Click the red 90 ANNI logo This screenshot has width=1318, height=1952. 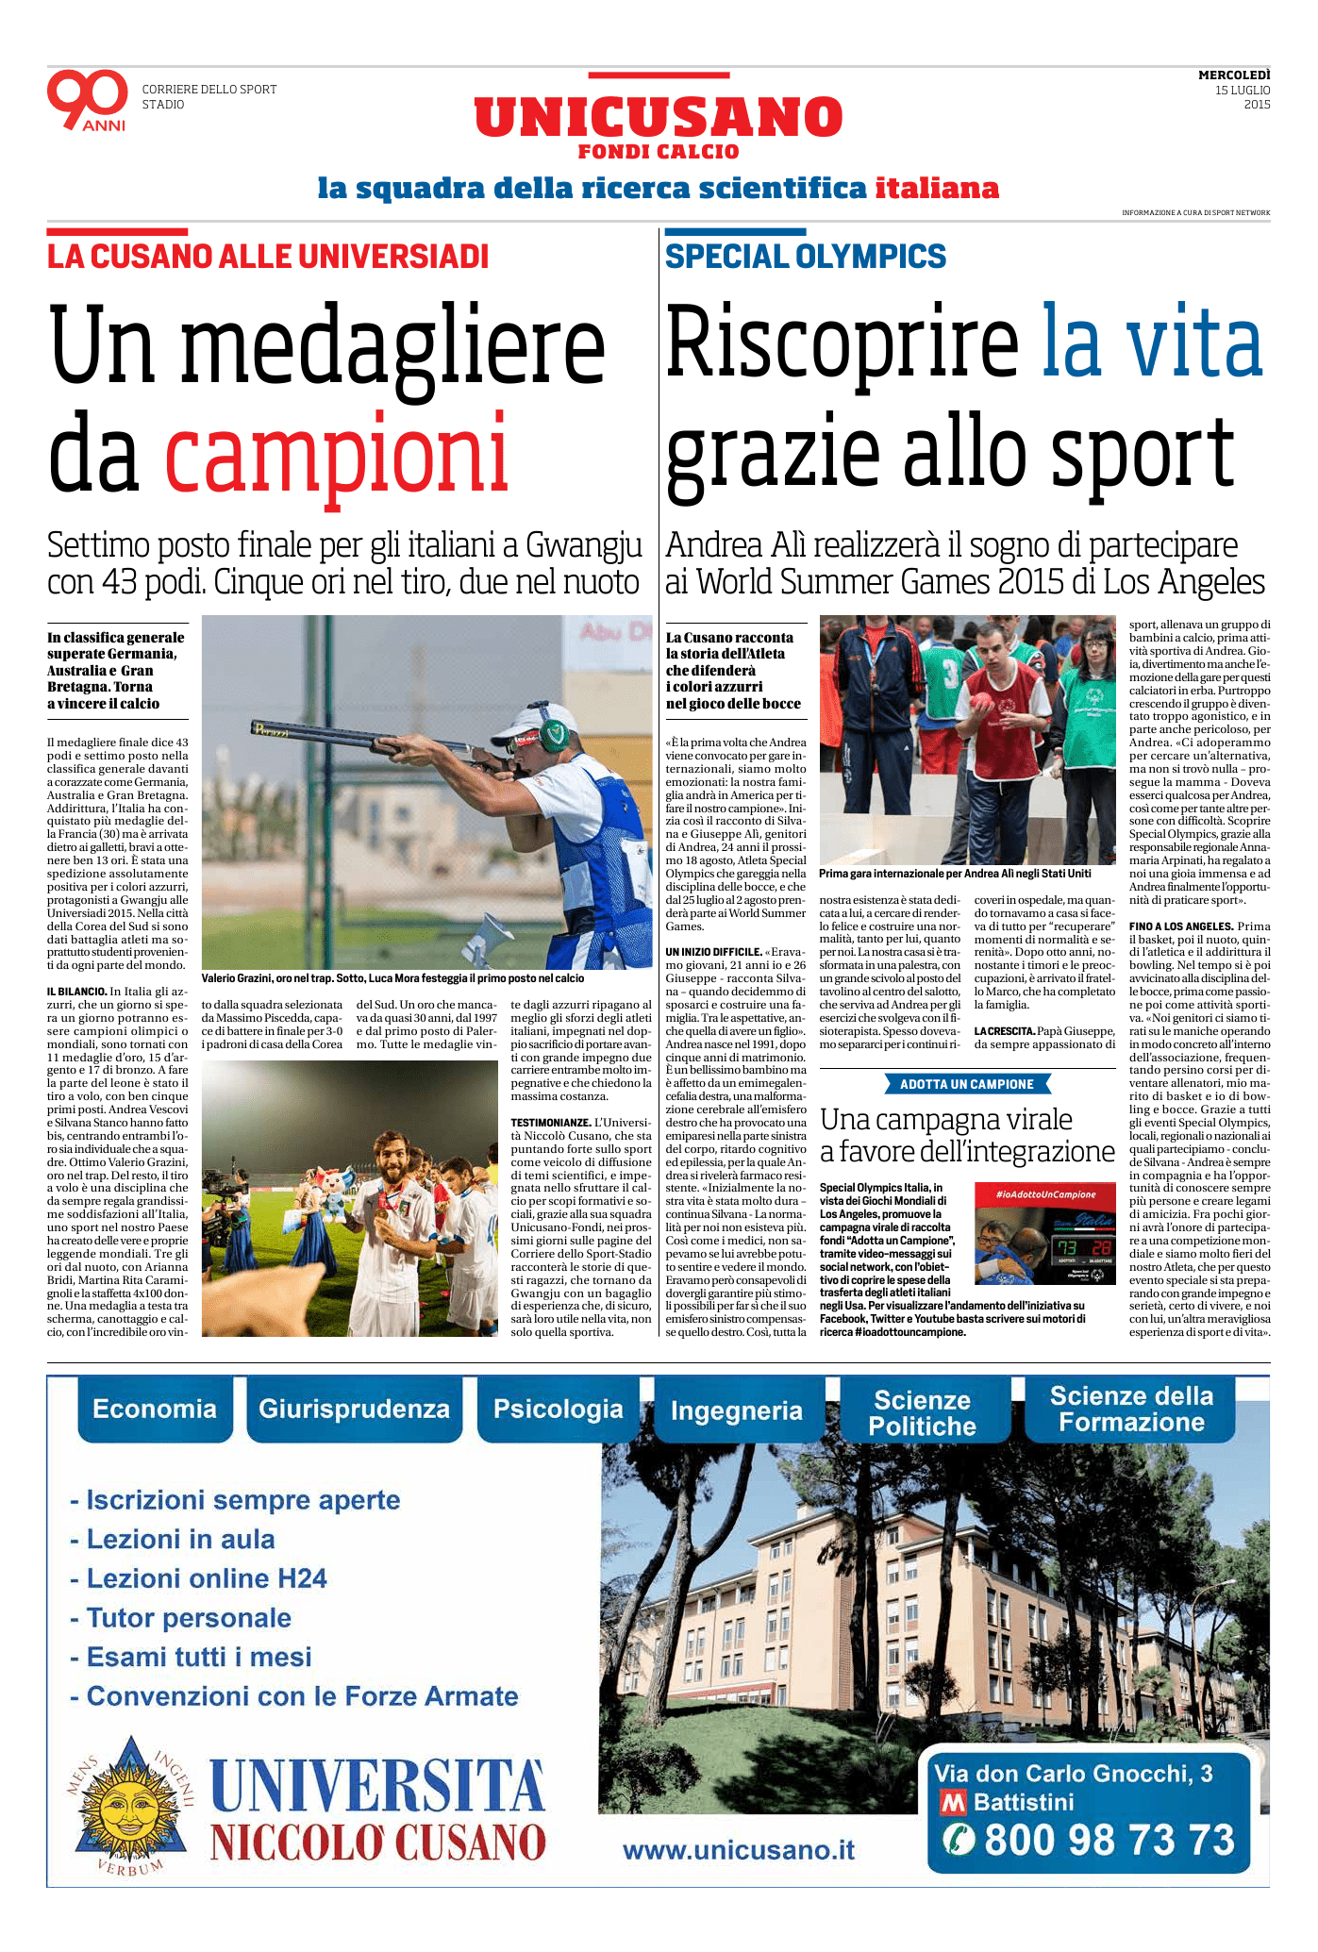[87, 99]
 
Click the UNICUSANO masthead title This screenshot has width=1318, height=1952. [658, 117]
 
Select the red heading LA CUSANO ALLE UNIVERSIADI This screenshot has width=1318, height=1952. [268, 257]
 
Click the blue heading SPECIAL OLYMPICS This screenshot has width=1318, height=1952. [805, 257]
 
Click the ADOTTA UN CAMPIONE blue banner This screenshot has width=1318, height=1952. [967, 1084]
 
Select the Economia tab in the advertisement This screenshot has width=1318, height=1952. [155, 1410]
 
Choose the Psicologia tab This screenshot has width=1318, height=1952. [558, 1410]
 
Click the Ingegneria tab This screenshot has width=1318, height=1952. [736, 1411]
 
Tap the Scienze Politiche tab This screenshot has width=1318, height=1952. [922, 1412]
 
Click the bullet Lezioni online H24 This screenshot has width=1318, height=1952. [206, 1578]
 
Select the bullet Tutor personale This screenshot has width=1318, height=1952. [189, 1618]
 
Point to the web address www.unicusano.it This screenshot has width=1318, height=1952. [739, 1850]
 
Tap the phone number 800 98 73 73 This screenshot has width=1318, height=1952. [1109, 1840]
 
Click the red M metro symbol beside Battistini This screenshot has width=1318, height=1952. [953, 1803]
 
